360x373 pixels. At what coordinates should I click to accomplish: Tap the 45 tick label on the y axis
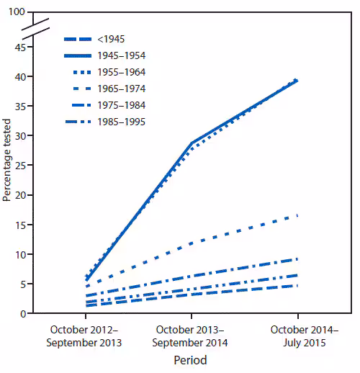pos(20,47)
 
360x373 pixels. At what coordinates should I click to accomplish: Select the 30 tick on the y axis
pos(20,136)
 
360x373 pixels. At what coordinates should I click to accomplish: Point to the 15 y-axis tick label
pos(20,225)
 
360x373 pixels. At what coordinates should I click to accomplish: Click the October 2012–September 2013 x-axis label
pos(86,337)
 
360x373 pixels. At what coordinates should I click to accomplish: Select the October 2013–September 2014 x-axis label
pos(191,337)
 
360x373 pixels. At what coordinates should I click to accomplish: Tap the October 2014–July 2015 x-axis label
pos(297,337)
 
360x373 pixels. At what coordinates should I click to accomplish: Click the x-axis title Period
pos(191,360)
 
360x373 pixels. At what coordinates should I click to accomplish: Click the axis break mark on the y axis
pos(36,27)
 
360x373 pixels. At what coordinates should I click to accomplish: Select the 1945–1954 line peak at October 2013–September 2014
pos(191,143)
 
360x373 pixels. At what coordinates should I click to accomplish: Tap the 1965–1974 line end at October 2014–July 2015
pos(297,215)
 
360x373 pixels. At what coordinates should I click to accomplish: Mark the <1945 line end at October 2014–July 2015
pos(297,286)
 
